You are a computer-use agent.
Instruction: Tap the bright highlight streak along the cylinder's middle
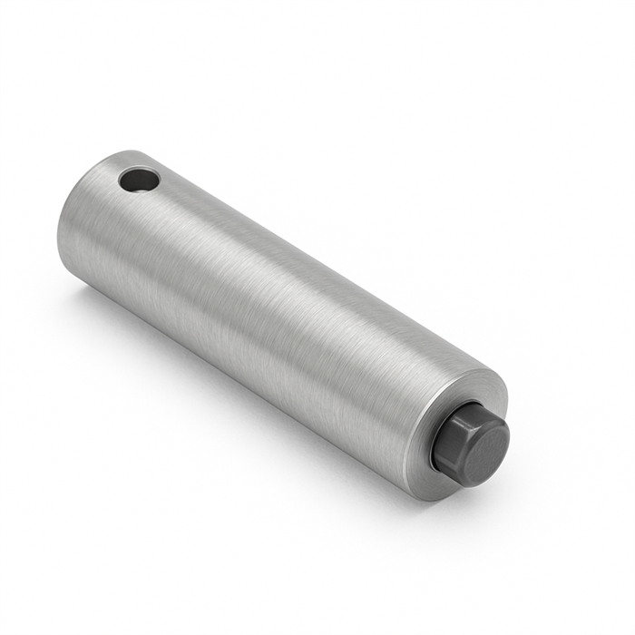[272, 272]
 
